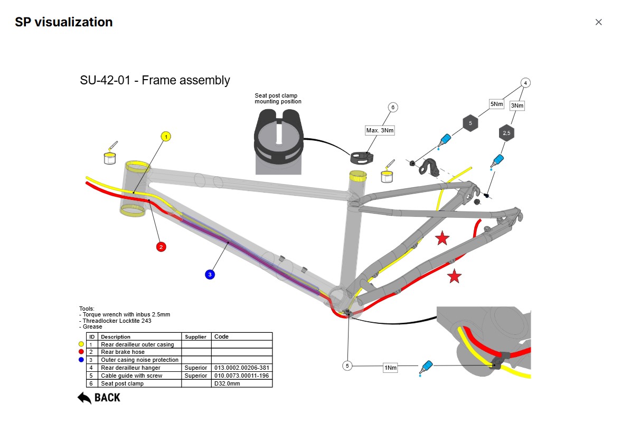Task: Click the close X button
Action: point(598,22)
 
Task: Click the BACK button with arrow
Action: point(99,398)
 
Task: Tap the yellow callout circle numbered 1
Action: point(166,137)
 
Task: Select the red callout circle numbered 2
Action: point(161,246)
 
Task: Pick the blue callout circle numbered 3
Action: point(210,274)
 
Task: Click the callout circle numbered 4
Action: point(525,83)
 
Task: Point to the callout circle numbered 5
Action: point(347,366)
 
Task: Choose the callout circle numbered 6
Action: point(392,107)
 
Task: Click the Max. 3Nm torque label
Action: point(380,130)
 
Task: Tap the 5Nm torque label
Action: point(497,104)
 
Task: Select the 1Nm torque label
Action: point(390,368)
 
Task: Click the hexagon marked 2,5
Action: point(506,133)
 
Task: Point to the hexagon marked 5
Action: point(470,123)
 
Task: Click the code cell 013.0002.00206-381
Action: point(241,368)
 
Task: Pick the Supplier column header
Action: point(196,337)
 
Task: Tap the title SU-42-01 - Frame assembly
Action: point(155,80)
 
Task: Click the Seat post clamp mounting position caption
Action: point(278,99)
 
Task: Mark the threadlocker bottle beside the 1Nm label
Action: point(426,367)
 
